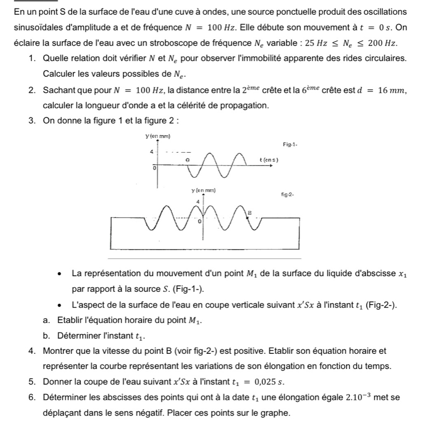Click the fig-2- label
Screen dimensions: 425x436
click(x=288, y=195)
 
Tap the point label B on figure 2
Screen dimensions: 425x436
click(x=249, y=212)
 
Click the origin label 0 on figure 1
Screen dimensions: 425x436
click(x=153, y=168)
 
